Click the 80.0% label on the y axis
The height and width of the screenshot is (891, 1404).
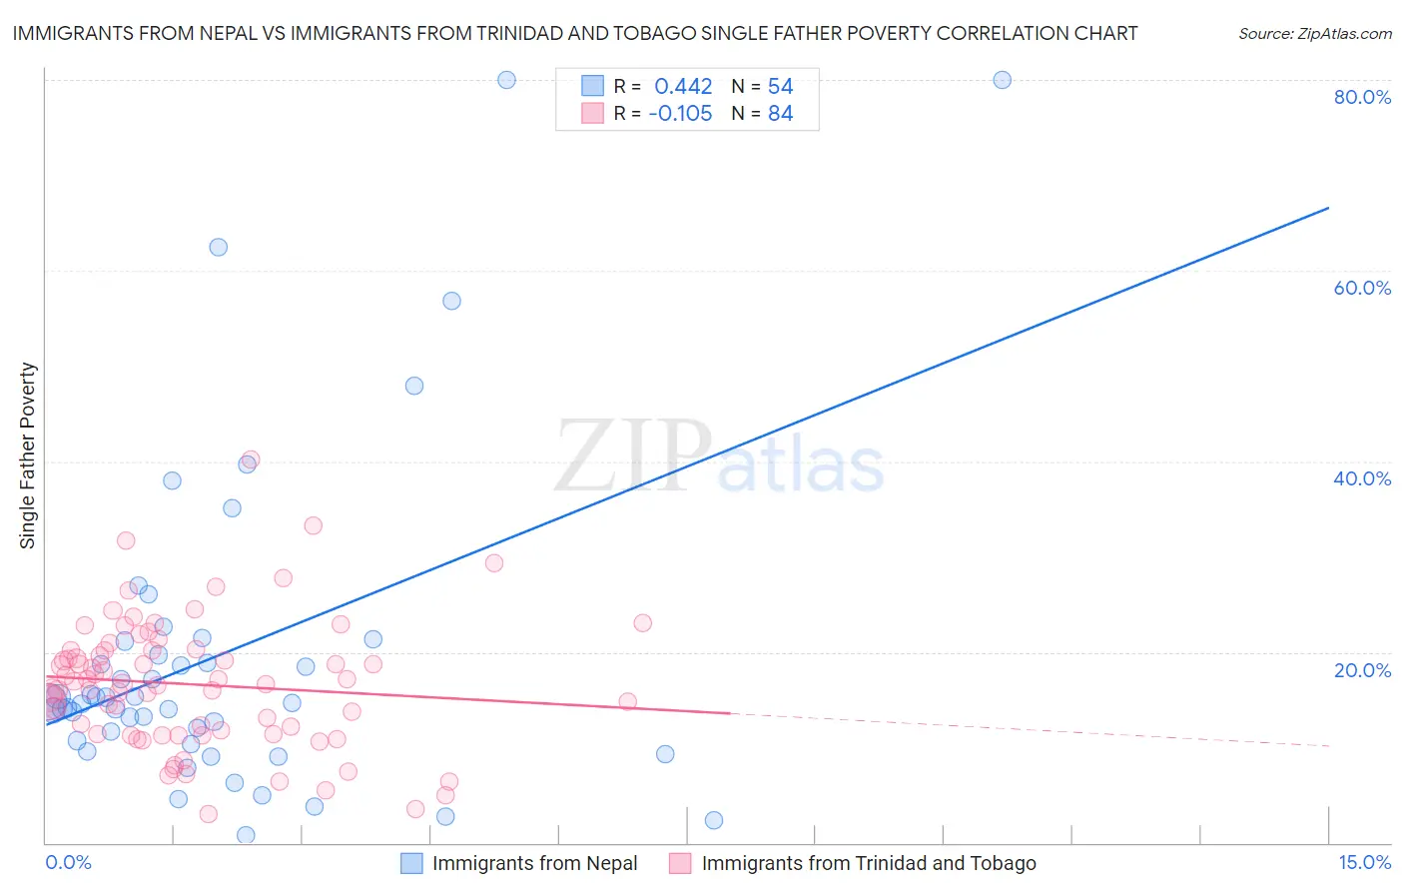point(1362,97)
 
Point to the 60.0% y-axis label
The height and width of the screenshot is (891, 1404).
point(1362,288)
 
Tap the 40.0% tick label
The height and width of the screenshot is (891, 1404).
point(1362,478)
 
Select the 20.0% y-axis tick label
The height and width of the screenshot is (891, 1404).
point(1362,670)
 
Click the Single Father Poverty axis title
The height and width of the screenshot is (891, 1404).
point(28,455)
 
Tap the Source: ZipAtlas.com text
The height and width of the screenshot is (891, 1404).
point(1314,34)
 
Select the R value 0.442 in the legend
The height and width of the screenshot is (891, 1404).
point(683,87)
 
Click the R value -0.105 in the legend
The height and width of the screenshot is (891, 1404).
point(680,114)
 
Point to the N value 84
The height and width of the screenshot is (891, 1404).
point(780,114)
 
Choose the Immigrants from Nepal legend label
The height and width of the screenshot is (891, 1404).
point(534,864)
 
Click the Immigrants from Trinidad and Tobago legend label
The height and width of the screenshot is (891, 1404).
point(869,864)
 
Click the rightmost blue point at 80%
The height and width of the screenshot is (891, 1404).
point(1002,80)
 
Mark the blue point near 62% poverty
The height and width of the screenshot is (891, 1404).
point(218,247)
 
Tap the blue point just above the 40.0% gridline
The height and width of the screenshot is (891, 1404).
point(247,463)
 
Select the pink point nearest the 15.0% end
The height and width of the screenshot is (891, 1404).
point(642,623)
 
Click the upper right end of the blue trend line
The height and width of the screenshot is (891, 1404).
point(1328,208)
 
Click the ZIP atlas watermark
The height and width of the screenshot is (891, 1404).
point(719,457)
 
